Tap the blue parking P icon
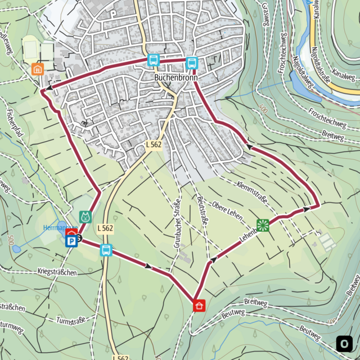tap(71, 241)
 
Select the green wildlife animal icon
tap(85, 216)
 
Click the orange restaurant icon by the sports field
tap(38, 69)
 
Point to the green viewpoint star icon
tap(262, 226)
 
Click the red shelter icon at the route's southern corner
tap(199, 305)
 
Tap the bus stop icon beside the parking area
tap(106, 250)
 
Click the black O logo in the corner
tap(344, 343)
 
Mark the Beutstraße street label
tap(202, 210)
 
